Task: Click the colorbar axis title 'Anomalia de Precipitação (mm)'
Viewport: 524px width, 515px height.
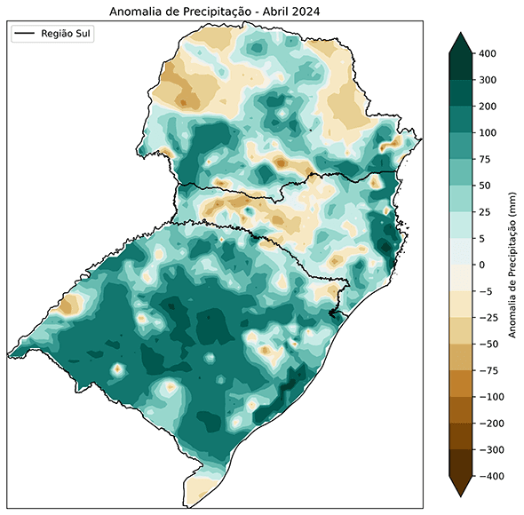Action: click(513, 265)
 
